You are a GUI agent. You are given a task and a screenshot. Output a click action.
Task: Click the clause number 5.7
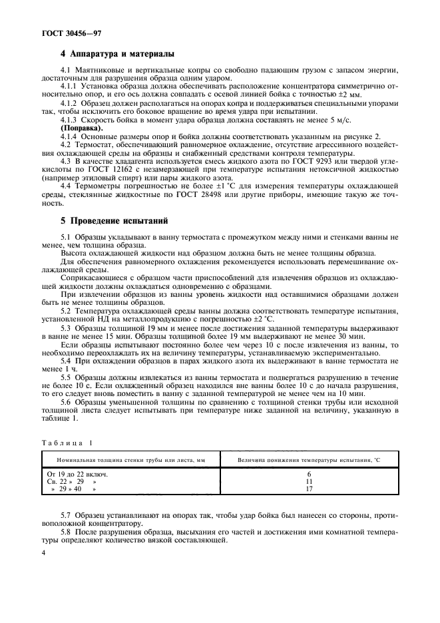point(67,515)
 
